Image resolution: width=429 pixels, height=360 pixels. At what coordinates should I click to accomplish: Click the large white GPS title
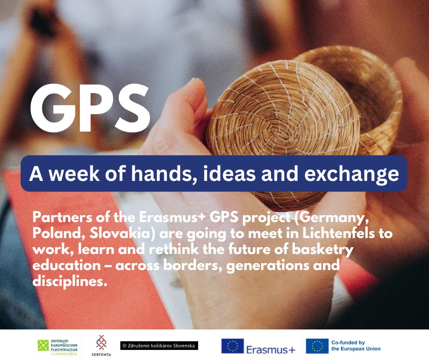90,108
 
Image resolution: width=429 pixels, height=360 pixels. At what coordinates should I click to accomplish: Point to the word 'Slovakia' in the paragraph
120,233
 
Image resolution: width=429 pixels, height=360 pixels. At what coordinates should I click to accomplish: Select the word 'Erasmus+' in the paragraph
172,217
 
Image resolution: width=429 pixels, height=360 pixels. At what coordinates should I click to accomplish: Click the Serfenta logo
101,345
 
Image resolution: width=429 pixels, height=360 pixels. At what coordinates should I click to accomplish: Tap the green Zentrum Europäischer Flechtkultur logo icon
43,345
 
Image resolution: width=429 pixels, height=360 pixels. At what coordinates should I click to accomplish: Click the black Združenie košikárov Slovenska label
159,345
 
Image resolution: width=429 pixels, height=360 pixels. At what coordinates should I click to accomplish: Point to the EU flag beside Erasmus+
233,346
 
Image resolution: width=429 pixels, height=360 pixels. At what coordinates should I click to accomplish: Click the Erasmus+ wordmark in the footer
271,349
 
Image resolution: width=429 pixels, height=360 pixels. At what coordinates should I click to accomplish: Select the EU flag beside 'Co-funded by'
317,346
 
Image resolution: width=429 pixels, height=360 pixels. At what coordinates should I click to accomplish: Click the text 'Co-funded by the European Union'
356,345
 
